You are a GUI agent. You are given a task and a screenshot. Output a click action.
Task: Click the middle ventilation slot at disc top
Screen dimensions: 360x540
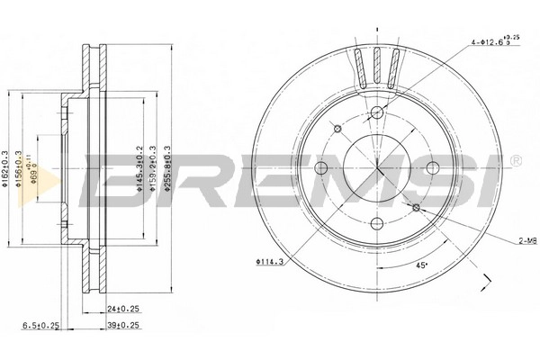click(x=376, y=67)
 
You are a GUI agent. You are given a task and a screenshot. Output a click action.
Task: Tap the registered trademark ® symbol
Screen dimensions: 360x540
click(x=515, y=161)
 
